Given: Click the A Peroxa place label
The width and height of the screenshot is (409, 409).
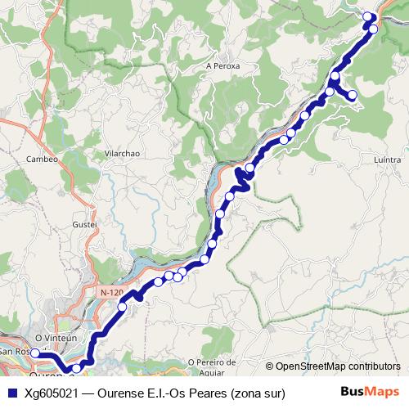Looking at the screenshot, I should (x=222, y=65).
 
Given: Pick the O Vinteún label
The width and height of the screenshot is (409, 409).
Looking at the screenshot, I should (x=56, y=337).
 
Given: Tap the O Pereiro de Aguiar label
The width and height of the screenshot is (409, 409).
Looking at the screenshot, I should (x=211, y=366).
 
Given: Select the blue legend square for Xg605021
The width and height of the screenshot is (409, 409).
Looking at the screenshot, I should (x=11, y=393).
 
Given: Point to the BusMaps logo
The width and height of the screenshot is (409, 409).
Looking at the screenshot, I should (x=369, y=393).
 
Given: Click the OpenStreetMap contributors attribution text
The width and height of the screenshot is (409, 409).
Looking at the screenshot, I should (x=338, y=366).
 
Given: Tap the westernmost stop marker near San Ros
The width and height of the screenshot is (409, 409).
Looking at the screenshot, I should (x=35, y=354).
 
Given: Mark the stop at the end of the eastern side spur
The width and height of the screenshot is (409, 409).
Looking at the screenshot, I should (x=353, y=96).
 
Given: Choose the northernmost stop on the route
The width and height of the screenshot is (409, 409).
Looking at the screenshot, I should (x=366, y=16).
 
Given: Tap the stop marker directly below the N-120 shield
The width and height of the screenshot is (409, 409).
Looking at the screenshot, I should (x=123, y=307).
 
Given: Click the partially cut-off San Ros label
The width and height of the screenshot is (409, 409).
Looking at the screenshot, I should (x=14, y=351).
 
